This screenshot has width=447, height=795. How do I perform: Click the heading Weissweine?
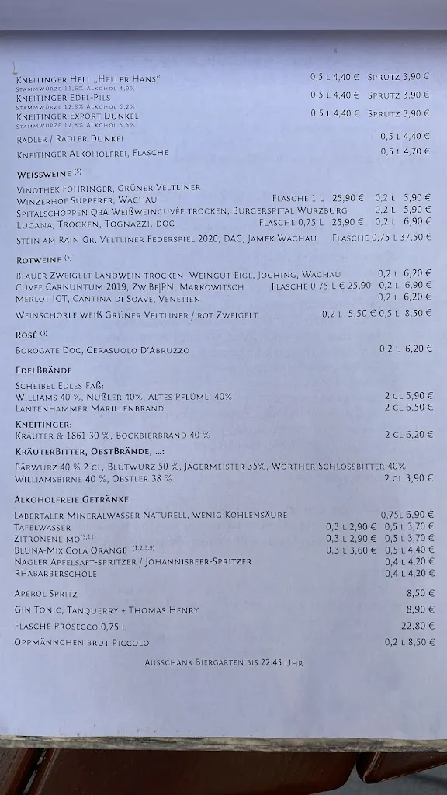coord(44,175)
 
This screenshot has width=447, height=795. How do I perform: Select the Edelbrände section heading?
coord(43,370)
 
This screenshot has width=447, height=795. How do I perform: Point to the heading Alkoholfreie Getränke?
coord(71,498)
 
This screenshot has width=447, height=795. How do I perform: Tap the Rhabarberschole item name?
coord(55,574)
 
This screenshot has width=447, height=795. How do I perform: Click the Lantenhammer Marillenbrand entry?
coord(89,408)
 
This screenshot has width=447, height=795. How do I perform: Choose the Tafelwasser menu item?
coord(42,526)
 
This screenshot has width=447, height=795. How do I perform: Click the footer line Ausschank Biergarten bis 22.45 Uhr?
coord(223,663)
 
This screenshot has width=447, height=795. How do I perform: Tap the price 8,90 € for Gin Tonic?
coord(418,610)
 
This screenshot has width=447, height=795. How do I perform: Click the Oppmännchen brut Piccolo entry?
coord(81,643)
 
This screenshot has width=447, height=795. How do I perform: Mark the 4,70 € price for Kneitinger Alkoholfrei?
coord(418,151)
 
